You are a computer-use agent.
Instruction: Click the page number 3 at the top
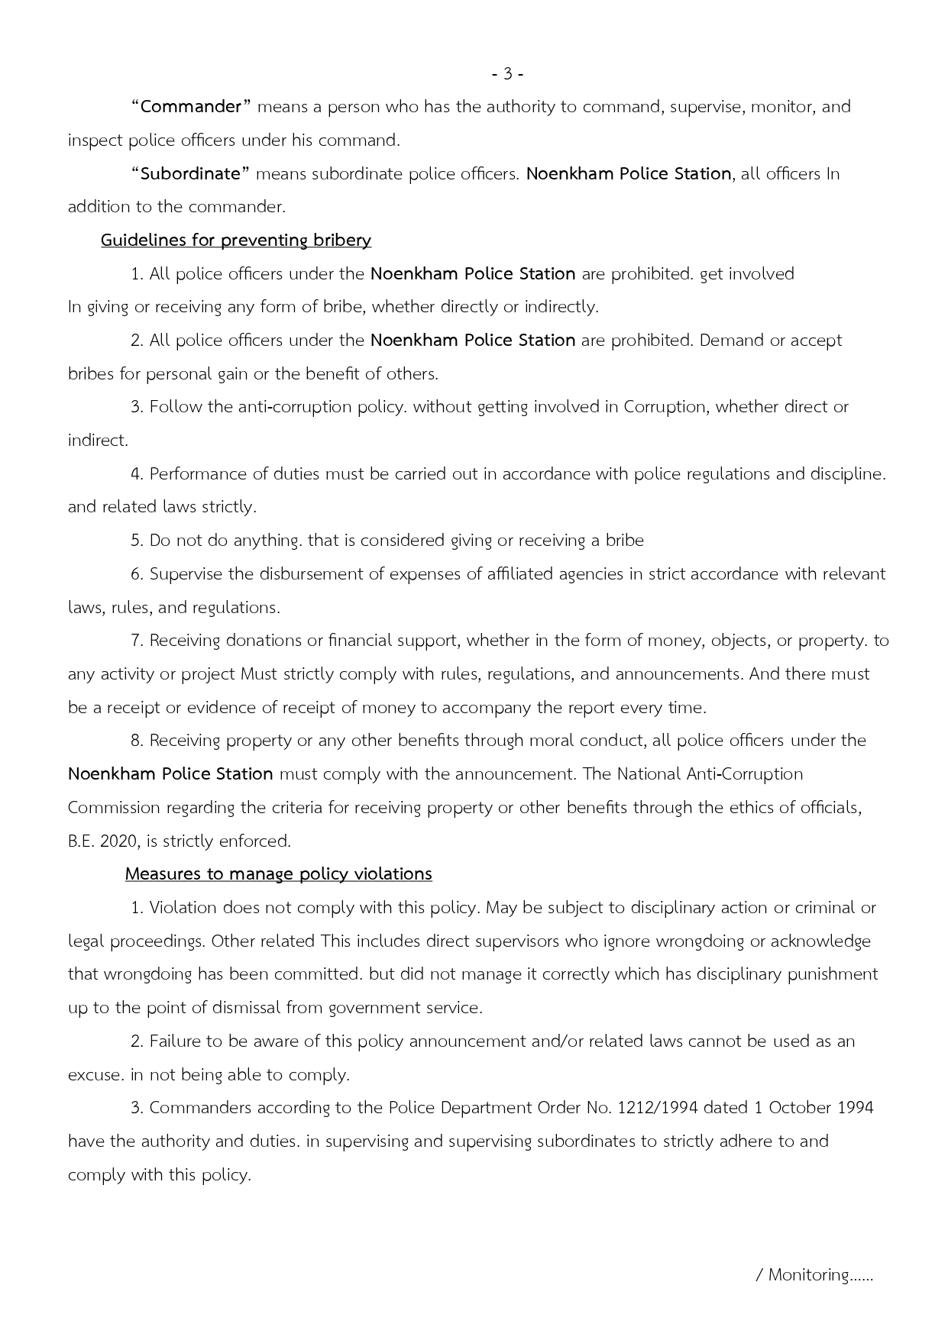(x=507, y=74)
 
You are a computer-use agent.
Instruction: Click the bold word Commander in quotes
(x=191, y=107)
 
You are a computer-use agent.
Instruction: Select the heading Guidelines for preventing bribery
(x=236, y=241)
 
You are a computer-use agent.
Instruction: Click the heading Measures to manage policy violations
(x=278, y=874)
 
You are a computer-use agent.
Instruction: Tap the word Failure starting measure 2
(x=175, y=1041)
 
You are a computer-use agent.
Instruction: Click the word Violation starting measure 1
(x=183, y=908)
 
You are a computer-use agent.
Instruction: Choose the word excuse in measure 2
(x=95, y=1075)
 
